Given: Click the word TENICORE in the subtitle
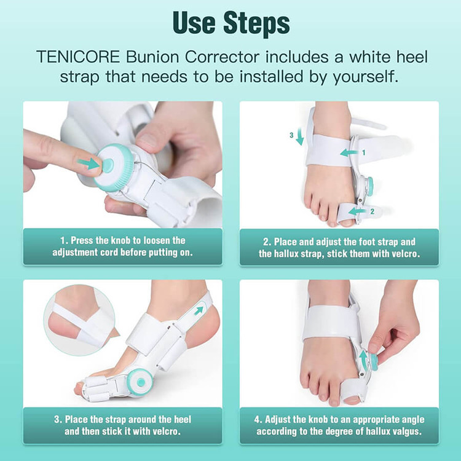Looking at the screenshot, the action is (78, 57).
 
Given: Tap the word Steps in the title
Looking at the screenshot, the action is (256, 23).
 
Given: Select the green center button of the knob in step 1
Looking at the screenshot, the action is (108, 164).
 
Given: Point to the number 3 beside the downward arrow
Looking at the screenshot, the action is (291, 135).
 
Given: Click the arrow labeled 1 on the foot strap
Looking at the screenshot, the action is (349, 152).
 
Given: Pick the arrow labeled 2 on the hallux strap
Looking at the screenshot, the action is (358, 211).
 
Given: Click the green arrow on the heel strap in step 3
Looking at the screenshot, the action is (199, 310).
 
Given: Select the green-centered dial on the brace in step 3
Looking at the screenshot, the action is (141, 382).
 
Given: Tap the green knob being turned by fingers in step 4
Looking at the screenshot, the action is (374, 362).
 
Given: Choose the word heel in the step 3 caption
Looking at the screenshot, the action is (183, 420).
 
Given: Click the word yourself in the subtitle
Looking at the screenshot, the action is (365, 77).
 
